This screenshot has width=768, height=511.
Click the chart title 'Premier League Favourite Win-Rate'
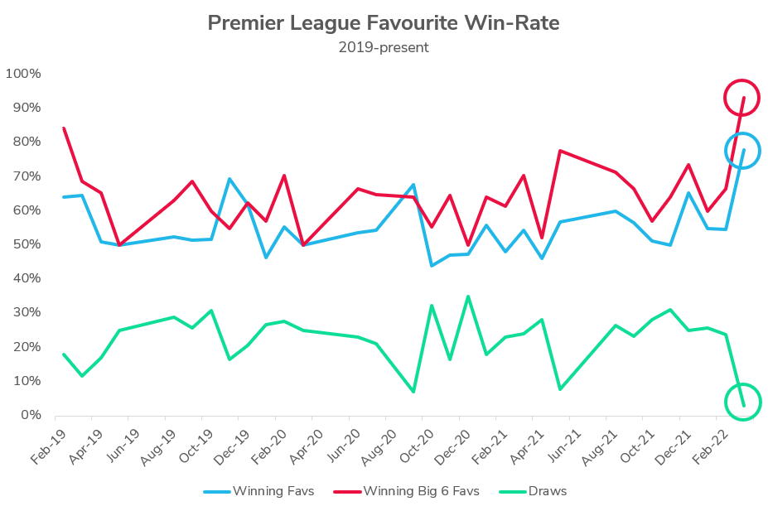383,22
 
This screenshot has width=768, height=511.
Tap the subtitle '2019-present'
383,47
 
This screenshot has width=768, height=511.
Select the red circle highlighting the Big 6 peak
741,98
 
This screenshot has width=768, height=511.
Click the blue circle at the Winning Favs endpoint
742,151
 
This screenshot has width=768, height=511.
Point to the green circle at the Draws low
742,403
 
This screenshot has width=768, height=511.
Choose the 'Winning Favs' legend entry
258,491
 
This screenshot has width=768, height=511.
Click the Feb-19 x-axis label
48,445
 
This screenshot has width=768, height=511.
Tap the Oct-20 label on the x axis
415,445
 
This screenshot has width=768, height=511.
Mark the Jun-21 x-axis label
562,445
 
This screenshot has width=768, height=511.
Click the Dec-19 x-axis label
231,445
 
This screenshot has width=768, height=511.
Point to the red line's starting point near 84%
64,128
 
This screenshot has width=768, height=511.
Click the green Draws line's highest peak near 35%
468,296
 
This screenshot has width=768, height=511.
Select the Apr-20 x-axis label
305,445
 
